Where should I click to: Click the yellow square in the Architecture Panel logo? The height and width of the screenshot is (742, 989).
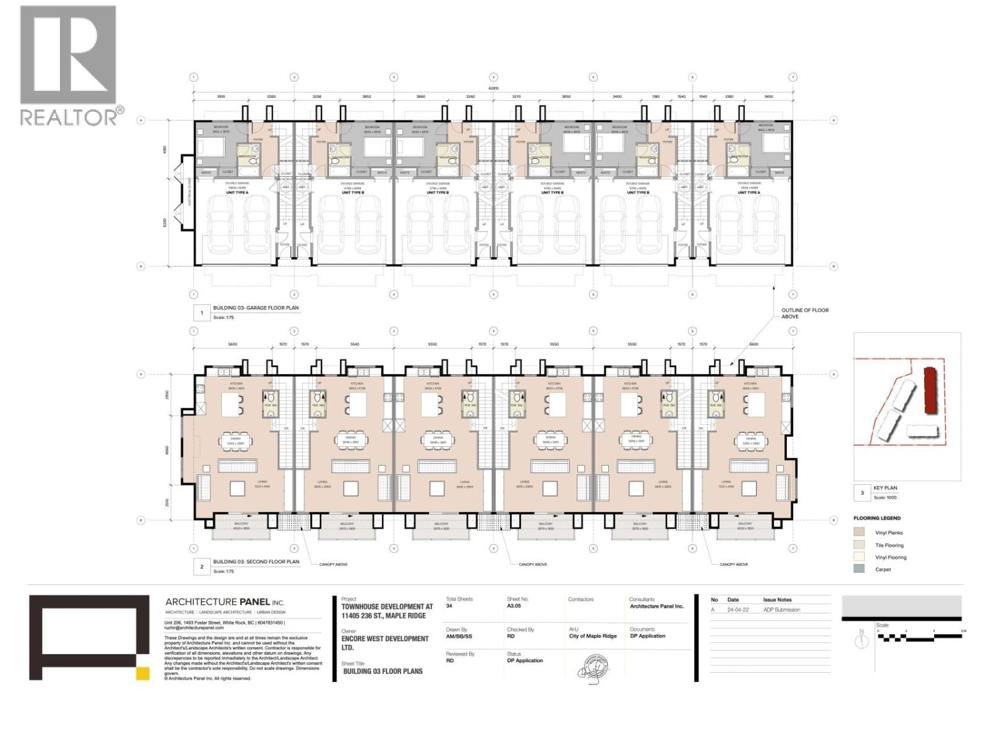[143, 674]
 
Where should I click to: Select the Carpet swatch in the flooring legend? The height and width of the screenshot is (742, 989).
[859, 569]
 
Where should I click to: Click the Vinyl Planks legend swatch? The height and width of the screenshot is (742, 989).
[859, 532]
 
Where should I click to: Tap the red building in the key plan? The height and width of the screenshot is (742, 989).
[929, 390]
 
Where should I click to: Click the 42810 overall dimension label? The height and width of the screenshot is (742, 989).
[493, 88]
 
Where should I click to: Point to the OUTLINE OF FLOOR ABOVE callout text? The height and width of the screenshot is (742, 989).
[805, 313]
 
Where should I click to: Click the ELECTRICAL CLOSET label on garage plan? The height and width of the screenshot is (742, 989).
[190, 192]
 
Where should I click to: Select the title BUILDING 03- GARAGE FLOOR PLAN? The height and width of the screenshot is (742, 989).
[256, 308]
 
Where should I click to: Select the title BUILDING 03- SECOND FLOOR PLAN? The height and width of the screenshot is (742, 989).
[256, 562]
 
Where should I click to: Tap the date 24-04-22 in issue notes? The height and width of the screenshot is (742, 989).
[734, 610]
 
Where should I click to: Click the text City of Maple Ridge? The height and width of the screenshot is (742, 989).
[593, 636]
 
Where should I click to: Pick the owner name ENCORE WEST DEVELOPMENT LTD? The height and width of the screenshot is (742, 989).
[384, 643]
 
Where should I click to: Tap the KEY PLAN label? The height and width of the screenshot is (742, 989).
[885, 488]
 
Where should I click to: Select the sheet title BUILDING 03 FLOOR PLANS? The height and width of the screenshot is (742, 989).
[383, 671]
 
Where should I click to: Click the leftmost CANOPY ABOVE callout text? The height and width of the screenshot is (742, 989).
[333, 565]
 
